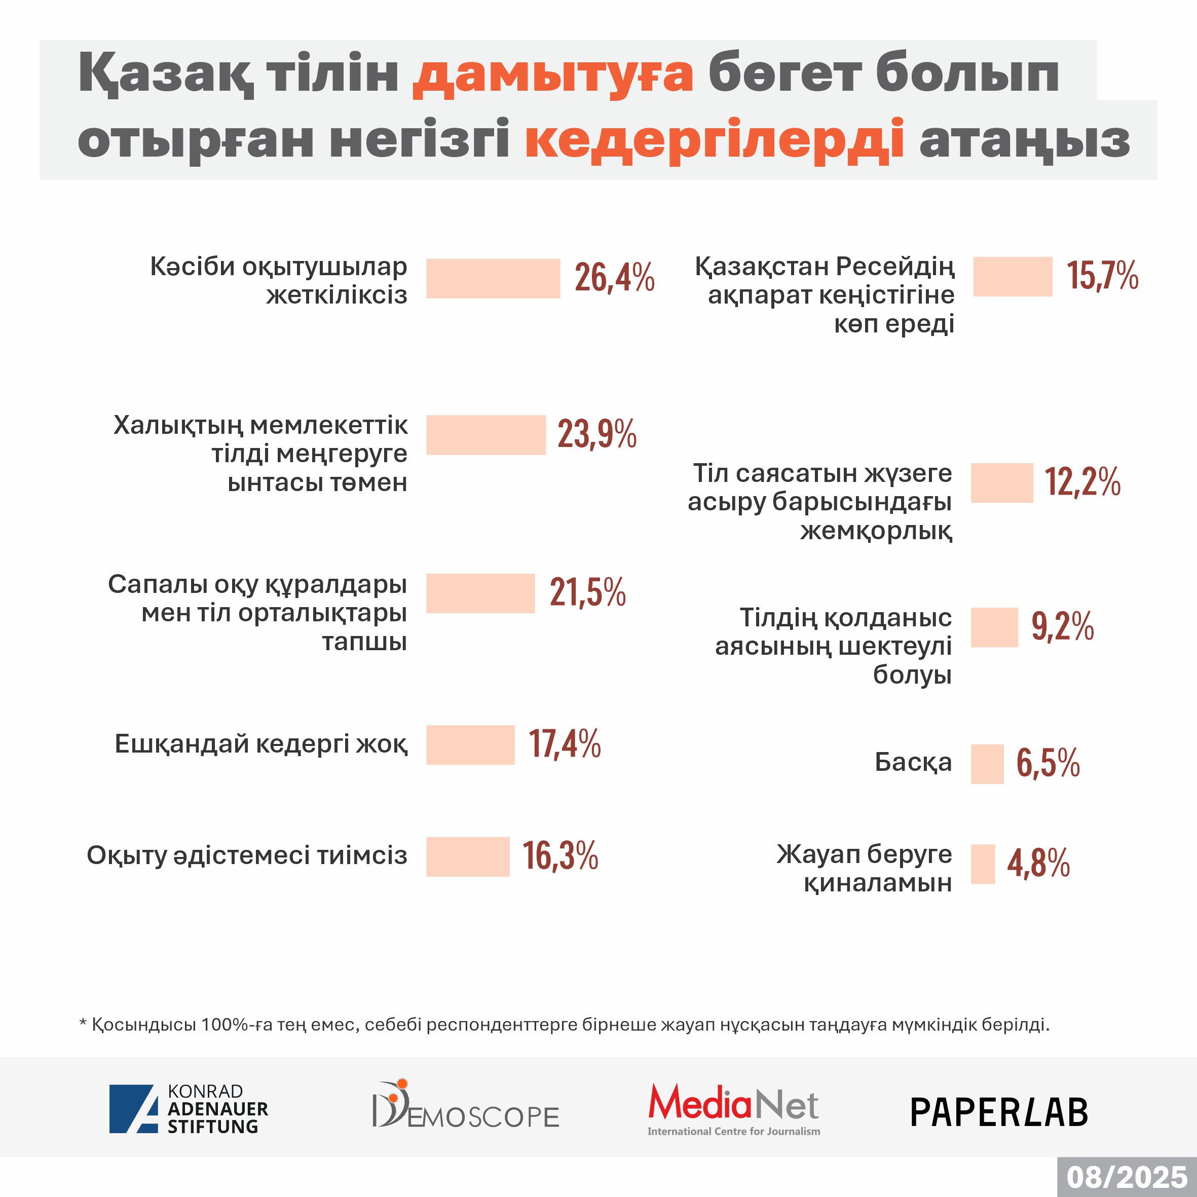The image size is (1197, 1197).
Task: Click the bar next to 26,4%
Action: click(493, 278)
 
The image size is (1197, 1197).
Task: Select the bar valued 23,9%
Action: click(485, 435)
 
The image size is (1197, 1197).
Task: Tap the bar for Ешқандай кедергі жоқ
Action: click(470, 745)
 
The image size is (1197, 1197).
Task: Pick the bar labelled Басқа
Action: click(987, 764)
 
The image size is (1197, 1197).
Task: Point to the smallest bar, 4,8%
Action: click(983, 864)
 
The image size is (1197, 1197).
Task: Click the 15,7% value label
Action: click(1102, 276)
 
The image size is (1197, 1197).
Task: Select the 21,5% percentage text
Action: click(587, 592)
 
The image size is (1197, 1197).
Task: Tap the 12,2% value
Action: click(1082, 482)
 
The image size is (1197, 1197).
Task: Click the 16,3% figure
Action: click(560, 856)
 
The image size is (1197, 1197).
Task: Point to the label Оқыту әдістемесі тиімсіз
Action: click(247, 855)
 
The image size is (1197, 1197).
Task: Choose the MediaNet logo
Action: click(734, 1109)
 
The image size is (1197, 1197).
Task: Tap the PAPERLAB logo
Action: click(999, 1112)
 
